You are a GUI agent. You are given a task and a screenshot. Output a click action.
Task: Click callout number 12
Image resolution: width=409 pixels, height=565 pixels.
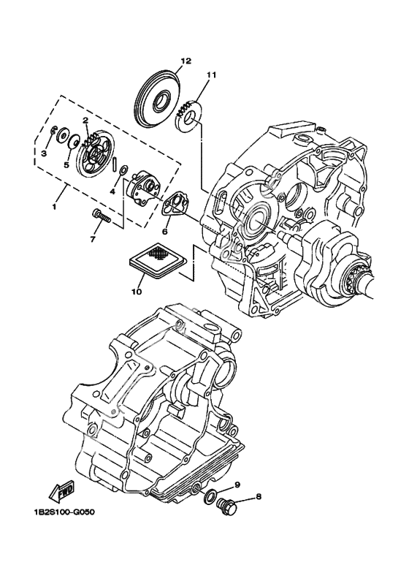coord(186,61)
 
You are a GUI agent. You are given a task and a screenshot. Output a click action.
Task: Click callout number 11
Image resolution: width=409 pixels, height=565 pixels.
coord(211,75)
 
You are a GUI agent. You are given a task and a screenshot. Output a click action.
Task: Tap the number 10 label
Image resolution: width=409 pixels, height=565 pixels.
coord(137,291)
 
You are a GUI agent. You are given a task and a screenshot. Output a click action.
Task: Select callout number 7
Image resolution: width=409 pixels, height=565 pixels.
coord(93,239)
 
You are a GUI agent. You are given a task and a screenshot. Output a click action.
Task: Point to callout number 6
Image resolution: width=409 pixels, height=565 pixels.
coord(165,232)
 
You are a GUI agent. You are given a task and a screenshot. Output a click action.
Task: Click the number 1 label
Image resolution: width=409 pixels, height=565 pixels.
coord(54,207)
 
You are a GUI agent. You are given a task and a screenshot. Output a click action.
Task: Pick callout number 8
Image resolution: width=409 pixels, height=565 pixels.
coord(259,497)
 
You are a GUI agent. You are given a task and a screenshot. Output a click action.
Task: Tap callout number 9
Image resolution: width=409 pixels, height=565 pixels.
coord(237,485)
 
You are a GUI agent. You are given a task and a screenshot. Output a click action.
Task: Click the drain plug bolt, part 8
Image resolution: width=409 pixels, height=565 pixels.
coord(227,508)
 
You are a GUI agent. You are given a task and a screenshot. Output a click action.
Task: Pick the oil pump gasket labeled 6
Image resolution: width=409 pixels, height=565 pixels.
coord(174,204)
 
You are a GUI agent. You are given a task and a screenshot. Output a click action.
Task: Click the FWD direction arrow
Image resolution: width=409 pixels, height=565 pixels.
coord(62,491)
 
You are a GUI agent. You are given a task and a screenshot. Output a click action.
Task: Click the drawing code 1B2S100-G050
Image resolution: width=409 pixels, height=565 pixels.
coord(62,512)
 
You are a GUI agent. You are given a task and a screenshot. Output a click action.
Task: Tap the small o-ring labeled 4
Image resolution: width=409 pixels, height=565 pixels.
coord(123,169)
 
